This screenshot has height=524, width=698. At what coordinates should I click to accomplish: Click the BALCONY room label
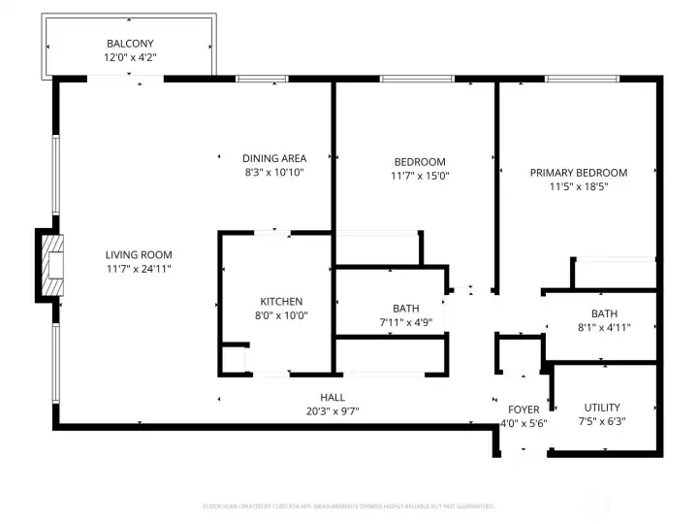[x=130, y=44]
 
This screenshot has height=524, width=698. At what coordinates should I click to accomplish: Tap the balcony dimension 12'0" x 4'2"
[x=130, y=58]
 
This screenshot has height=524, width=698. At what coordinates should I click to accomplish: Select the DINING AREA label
[x=274, y=158]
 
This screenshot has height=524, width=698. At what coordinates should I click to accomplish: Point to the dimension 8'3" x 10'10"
[x=274, y=173]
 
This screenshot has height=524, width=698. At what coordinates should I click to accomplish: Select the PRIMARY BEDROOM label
[x=578, y=173]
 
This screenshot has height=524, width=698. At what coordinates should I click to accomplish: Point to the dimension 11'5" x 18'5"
[x=578, y=187]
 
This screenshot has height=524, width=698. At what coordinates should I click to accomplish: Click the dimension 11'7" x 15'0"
[x=420, y=177]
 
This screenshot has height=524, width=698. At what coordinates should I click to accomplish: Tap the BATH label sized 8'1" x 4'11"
[x=604, y=313]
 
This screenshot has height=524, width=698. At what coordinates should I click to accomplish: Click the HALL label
[x=333, y=397]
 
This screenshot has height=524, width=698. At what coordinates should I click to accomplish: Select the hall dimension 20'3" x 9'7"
[x=333, y=410]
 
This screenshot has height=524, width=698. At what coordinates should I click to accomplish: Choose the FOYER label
[x=523, y=409]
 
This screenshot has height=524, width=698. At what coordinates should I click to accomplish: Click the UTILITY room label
[x=602, y=408]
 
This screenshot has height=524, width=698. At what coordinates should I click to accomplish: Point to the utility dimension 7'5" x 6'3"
[x=602, y=422]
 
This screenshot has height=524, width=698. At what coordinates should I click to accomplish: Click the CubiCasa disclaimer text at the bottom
[x=348, y=506]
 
